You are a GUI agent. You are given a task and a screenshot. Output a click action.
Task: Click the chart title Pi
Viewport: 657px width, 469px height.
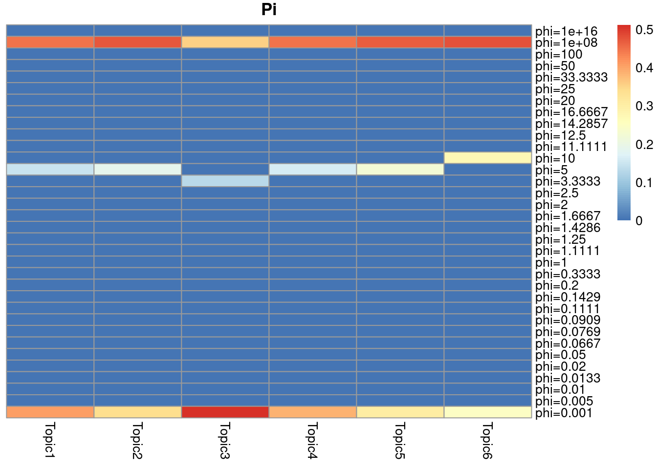coord(269,10)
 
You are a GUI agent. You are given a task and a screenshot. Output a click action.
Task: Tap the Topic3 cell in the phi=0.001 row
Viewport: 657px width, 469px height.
coord(225,412)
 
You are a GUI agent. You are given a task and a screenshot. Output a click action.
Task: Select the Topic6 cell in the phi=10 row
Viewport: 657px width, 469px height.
coord(487,157)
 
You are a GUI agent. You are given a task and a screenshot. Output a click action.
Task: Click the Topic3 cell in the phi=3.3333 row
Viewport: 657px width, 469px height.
coord(225,181)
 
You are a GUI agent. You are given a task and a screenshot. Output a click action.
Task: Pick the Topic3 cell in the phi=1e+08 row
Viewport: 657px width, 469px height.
coord(225,42)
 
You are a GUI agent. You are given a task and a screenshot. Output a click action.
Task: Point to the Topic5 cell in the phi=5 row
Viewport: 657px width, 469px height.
coord(400,169)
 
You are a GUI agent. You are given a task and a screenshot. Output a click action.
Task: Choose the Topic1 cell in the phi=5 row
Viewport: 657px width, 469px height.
coord(50,169)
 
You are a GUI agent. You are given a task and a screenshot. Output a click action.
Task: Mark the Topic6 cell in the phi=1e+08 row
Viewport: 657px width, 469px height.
coord(487,42)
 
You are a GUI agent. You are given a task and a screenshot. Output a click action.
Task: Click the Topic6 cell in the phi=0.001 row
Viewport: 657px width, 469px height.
coord(487,412)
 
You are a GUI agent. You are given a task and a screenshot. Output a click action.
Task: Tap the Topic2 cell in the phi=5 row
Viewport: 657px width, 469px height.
coord(137,169)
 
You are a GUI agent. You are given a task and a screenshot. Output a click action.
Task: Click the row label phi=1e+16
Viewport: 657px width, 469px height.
coord(566,31)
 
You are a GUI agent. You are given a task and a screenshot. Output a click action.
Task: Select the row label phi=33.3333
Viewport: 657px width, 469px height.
coord(571,77)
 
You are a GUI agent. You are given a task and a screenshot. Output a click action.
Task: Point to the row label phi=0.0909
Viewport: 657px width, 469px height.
coord(568,320)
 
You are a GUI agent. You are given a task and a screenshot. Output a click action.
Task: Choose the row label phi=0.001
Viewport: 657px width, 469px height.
coord(563,413)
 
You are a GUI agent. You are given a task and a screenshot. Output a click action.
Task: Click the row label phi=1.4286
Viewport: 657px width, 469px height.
coord(568,228)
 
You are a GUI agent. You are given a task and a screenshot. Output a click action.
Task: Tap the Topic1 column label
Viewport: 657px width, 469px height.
coord(50,441)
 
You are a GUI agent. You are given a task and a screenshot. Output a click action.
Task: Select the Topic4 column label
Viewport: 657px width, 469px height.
coord(312,441)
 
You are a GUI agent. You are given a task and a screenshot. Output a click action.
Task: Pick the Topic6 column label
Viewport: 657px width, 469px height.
coord(487,441)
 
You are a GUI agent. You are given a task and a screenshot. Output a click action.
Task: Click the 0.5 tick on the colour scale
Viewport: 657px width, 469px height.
coord(644,30)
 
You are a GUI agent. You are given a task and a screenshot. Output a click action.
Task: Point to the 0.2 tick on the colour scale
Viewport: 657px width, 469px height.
coord(644,145)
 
